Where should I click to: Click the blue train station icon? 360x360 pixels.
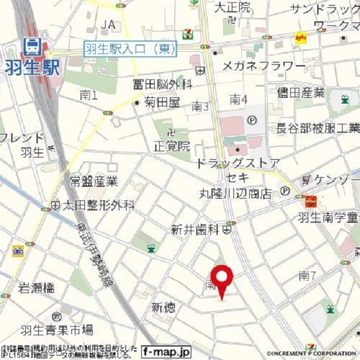coord(30,46)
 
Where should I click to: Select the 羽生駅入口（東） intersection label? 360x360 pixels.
coord(130,49)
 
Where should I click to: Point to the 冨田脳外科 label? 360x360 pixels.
coord(163,85)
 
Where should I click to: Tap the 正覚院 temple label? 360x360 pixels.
coord(172,147)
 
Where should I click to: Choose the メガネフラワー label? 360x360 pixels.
coord(264,66)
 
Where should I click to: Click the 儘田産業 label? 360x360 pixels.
coord(301,93)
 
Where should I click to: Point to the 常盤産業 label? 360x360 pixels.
coord(94,181)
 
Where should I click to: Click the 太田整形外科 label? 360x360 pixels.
coord(98,205)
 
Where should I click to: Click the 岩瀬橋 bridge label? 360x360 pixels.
coord(36,288)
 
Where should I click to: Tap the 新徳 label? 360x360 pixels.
coord(163,308)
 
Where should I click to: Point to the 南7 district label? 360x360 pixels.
coord(307,276)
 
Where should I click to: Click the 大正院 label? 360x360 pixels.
coord(233,7)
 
